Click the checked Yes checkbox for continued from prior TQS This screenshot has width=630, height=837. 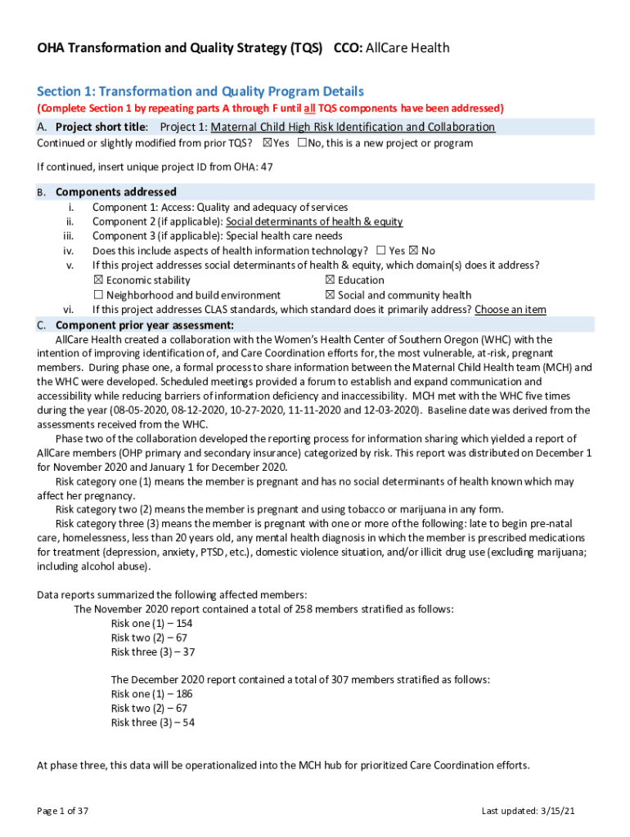(267, 143)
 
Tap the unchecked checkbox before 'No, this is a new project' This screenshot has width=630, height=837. (302, 143)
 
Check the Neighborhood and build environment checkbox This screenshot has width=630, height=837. (98, 295)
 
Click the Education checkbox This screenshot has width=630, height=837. (330, 280)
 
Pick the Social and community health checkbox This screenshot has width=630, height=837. (330, 295)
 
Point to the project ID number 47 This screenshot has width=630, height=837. (266, 168)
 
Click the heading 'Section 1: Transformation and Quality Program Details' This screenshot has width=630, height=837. (200, 92)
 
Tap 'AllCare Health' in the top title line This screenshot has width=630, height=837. (407, 48)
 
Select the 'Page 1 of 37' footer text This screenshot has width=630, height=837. (63, 811)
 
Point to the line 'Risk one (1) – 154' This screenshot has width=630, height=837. (152, 624)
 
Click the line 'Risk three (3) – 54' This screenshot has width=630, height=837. (153, 723)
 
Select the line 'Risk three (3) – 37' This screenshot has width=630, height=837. (153, 652)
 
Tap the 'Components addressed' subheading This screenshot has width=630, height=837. (115, 192)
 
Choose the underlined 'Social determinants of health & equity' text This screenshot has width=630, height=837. (314, 222)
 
